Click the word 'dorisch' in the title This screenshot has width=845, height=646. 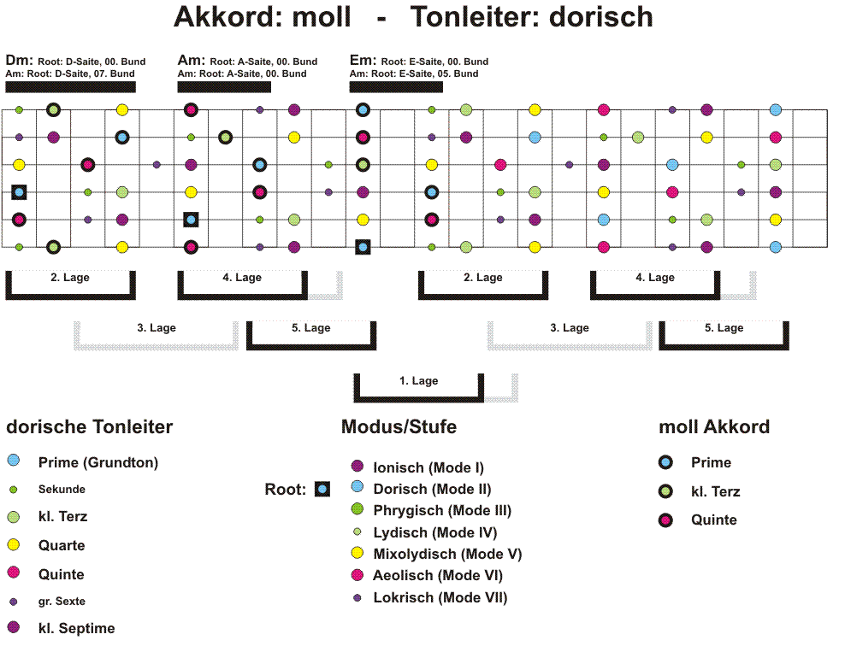pyautogui.click(x=601, y=17)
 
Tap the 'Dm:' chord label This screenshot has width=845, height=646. pyautogui.click(x=20, y=61)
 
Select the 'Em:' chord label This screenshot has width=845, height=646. pyautogui.click(x=363, y=61)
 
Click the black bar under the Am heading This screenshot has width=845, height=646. pyautogui.click(x=224, y=87)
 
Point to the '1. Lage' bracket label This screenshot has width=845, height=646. pyautogui.click(x=419, y=381)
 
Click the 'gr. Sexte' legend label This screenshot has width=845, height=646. pyautogui.click(x=62, y=602)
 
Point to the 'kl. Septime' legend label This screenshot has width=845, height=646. pyautogui.click(x=76, y=628)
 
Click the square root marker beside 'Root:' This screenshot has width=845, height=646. pyautogui.click(x=322, y=490)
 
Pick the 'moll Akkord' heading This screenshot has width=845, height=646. pyautogui.click(x=714, y=427)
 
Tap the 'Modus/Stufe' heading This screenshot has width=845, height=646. pyautogui.click(x=399, y=427)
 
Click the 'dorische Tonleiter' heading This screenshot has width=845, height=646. pyautogui.click(x=90, y=427)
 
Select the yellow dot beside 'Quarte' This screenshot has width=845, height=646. pyautogui.click(x=14, y=545)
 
